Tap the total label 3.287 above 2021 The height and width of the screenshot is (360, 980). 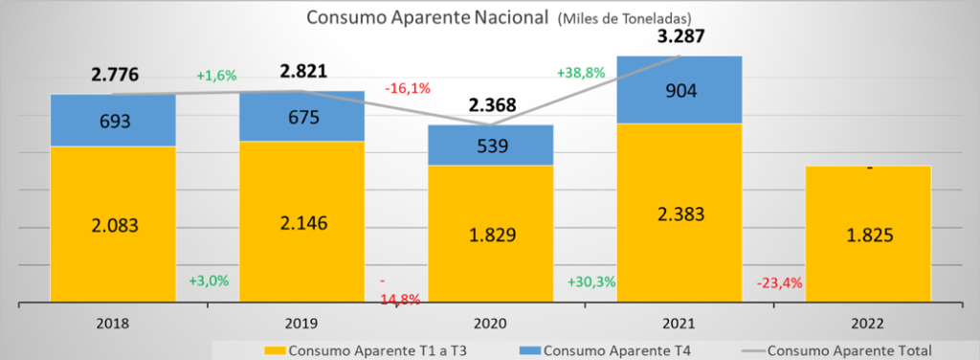[x=679, y=36]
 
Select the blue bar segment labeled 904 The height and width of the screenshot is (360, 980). [x=679, y=90]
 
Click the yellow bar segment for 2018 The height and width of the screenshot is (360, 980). [x=113, y=224]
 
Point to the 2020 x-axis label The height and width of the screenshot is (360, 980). [x=491, y=324]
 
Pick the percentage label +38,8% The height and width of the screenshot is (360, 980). [x=581, y=73]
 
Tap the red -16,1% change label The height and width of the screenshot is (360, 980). [x=408, y=88]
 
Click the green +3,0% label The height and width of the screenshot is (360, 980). [x=209, y=281]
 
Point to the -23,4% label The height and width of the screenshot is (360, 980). [x=779, y=282]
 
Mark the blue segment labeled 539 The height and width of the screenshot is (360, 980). [x=491, y=145]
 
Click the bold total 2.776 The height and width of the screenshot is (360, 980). [x=115, y=76]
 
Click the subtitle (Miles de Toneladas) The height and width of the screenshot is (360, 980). [x=624, y=19]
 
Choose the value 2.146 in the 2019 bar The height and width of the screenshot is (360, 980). [x=301, y=222]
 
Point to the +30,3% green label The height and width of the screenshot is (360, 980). [x=591, y=281]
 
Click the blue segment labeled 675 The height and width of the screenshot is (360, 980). [x=301, y=116]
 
